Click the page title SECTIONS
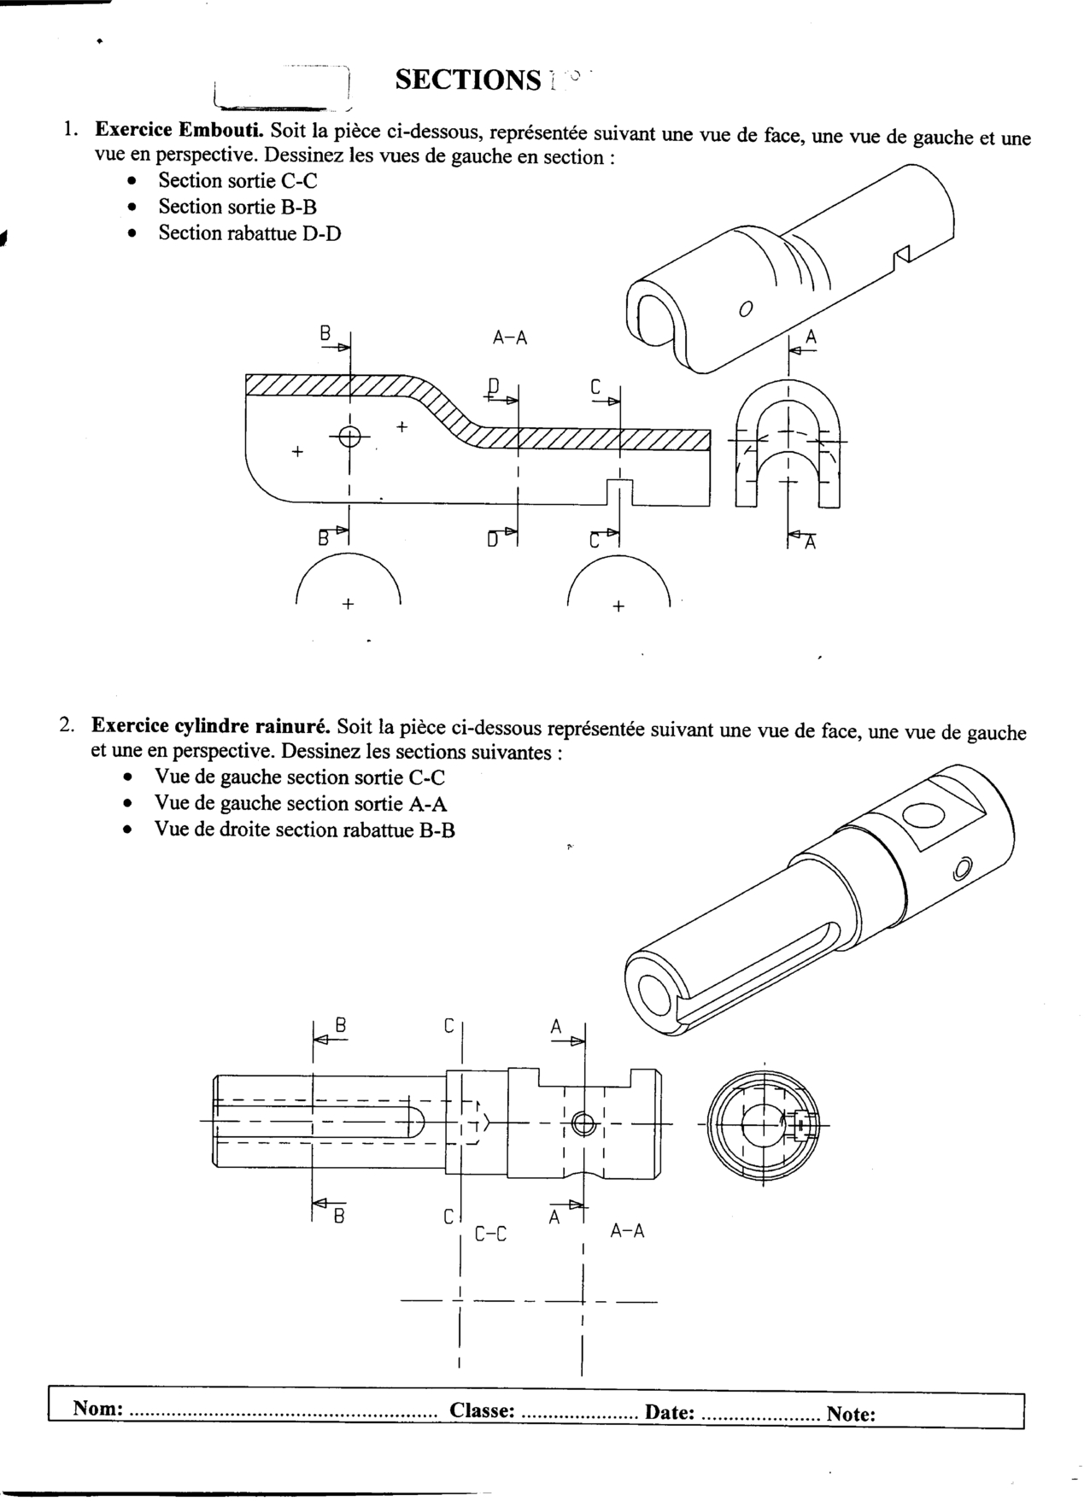[x=468, y=79]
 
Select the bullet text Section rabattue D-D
[x=249, y=233]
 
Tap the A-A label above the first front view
[x=510, y=338]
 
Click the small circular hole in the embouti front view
[x=349, y=436]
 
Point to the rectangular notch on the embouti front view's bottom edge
[x=619, y=492]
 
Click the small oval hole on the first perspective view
[x=746, y=308]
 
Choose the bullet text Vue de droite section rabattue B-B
[x=305, y=830]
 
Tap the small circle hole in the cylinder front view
[x=583, y=1123]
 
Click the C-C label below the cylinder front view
[x=490, y=1234]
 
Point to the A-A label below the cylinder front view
[x=627, y=1231]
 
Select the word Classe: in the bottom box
[x=482, y=1410]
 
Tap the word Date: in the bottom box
[x=669, y=1411]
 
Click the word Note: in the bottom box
[x=851, y=1414]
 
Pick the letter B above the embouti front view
[x=325, y=334]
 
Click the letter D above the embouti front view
[x=494, y=384]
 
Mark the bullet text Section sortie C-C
[x=237, y=181]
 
